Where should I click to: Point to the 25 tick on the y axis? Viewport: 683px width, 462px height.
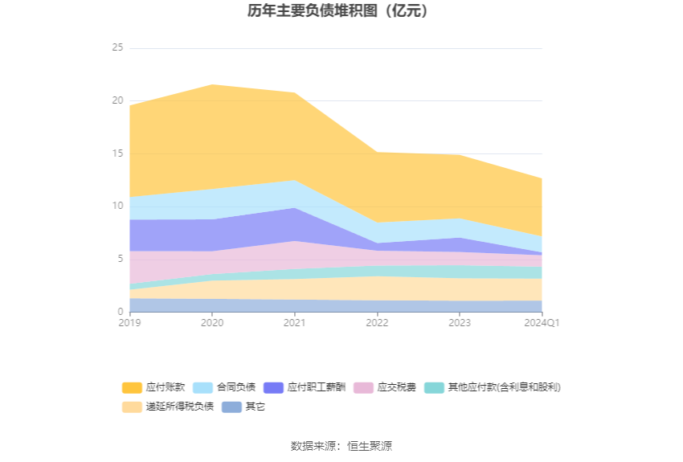pyautogui.click(x=117, y=48)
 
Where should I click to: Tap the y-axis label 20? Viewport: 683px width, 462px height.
pyautogui.click(x=117, y=101)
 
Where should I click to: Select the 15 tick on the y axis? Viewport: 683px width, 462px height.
pyautogui.click(x=117, y=153)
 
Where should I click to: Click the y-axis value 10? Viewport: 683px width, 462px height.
pyautogui.click(x=117, y=206)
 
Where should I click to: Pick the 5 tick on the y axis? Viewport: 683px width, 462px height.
pyautogui.click(x=120, y=259)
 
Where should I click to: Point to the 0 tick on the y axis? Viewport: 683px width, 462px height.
pyautogui.click(x=120, y=312)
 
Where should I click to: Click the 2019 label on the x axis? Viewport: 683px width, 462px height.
pyautogui.click(x=129, y=323)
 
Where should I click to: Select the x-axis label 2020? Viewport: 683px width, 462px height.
pyautogui.click(x=212, y=323)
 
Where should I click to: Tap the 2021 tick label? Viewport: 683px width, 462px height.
pyautogui.click(x=295, y=323)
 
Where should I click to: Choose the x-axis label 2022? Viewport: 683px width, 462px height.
pyautogui.click(x=377, y=323)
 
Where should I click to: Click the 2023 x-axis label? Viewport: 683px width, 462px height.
pyautogui.click(x=460, y=323)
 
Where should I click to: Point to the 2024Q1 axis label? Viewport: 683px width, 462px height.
pyautogui.click(x=540, y=323)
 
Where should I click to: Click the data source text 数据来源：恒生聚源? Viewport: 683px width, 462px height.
pyautogui.click(x=341, y=446)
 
